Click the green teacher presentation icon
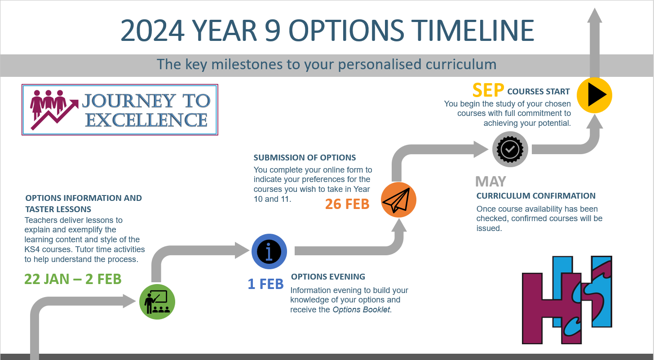(157, 302)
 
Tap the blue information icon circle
(269, 251)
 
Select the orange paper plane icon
(398, 200)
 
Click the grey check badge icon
(510, 149)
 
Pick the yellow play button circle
(594, 95)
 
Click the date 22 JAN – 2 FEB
(73, 279)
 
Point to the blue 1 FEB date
(265, 284)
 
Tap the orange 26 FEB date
(347, 204)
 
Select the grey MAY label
(490, 182)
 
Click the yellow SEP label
(488, 90)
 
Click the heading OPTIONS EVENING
(328, 277)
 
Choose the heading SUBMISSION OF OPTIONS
(305, 157)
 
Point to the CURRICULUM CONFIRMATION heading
(536, 196)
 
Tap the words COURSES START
(539, 92)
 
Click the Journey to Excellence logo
(119, 110)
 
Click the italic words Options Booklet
(361, 310)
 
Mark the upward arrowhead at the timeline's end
(594, 15)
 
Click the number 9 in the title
(272, 31)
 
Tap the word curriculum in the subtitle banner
(461, 64)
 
